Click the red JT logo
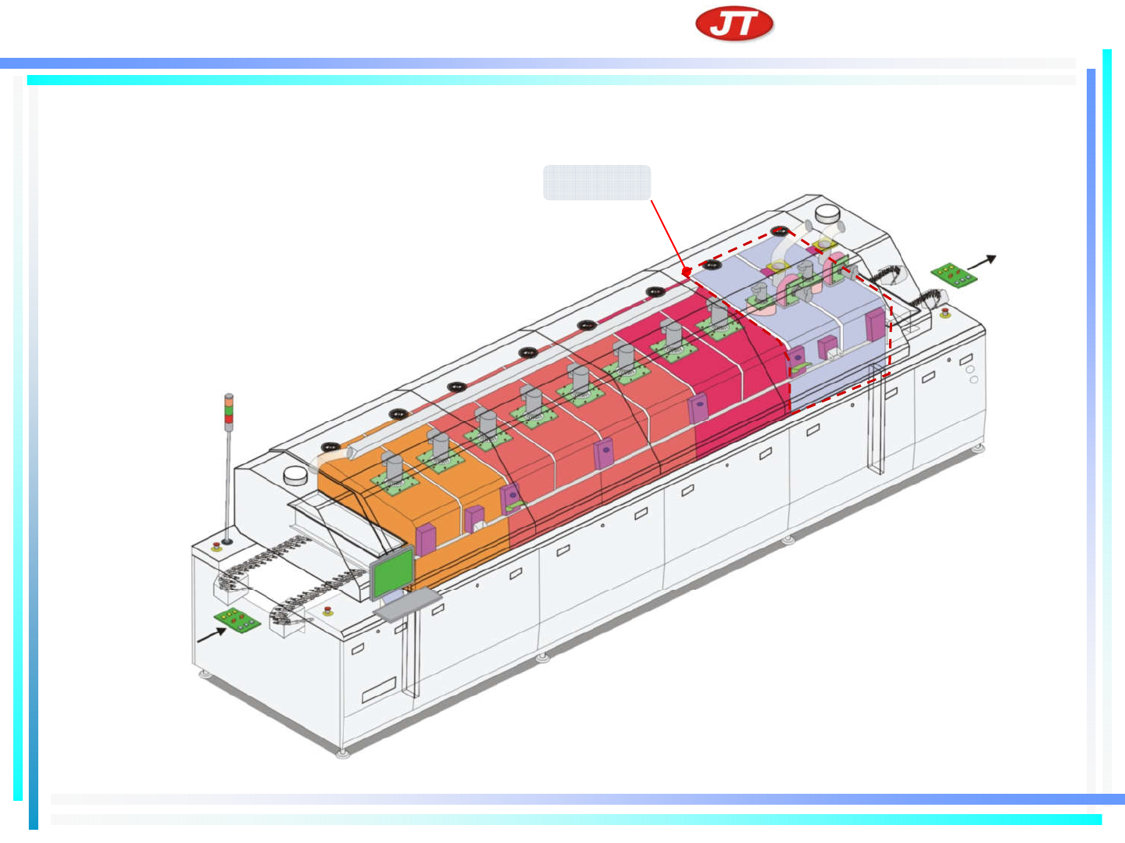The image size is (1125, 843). tap(734, 23)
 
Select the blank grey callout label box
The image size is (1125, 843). tap(597, 183)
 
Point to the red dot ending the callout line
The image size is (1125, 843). tap(687, 272)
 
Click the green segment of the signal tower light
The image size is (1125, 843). tap(229, 409)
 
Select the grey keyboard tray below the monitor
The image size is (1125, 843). tap(408, 605)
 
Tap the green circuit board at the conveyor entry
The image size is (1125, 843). tap(237, 620)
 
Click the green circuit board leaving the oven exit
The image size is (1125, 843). tap(954, 275)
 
